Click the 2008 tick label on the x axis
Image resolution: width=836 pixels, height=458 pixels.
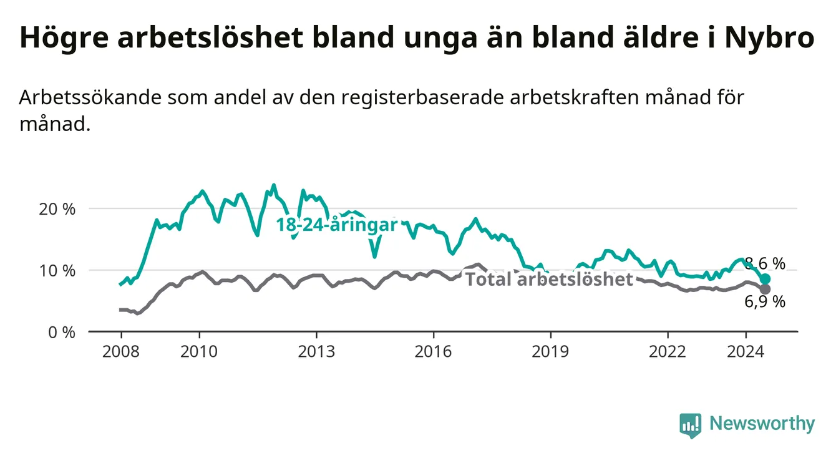pos(121,352)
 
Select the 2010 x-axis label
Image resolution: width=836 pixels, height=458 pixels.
pos(199,352)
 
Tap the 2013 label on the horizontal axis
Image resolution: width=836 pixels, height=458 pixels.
pos(316,352)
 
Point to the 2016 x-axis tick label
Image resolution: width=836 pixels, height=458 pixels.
pos(434,352)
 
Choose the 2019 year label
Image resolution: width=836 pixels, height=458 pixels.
pos(550,352)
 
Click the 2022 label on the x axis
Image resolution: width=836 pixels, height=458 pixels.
pos(668,352)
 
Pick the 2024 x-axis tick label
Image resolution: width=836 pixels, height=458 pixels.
pos(746,352)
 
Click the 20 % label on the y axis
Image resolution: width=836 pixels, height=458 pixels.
pos(57,210)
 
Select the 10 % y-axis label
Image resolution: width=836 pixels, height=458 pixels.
pos(57,271)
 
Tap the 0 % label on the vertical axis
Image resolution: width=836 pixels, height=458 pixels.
pos(62,333)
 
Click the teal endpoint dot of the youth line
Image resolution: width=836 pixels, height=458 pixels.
pos(765,279)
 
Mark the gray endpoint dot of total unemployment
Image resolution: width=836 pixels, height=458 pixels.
pos(765,290)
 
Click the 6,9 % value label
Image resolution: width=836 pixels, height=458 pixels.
pos(765,301)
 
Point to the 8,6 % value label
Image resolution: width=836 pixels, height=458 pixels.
pos(765,264)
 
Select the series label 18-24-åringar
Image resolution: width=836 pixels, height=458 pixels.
pos(337,225)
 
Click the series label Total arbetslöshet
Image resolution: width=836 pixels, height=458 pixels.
pos(550,279)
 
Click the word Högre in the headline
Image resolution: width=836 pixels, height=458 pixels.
pos(64,38)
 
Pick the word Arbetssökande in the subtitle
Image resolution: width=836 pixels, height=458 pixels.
pos(90,97)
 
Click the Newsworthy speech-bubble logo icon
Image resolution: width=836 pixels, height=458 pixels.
pos(691,426)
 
